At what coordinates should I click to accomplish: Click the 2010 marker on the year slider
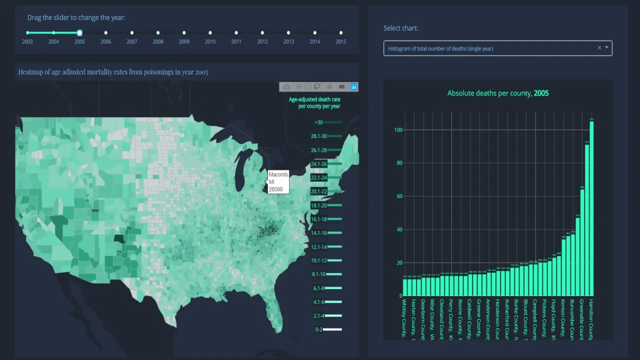pyautogui.click(x=210, y=33)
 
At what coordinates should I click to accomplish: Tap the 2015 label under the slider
pyautogui.click(x=340, y=42)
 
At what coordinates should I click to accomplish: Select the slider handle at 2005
pyautogui.click(x=79, y=33)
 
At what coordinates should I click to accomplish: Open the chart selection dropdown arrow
pyautogui.click(x=607, y=48)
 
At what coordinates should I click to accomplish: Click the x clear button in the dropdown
pyautogui.click(x=599, y=48)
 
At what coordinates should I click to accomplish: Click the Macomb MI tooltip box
pyautogui.click(x=278, y=182)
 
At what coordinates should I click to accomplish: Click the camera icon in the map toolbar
pyautogui.click(x=286, y=87)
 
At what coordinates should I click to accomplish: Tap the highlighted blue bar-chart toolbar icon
pyautogui.click(x=354, y=87)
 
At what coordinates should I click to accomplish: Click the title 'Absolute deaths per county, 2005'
pyautogui.click(x=498, y=93)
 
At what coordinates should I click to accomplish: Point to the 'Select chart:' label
pyautogui.click(x=400, y=28)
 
